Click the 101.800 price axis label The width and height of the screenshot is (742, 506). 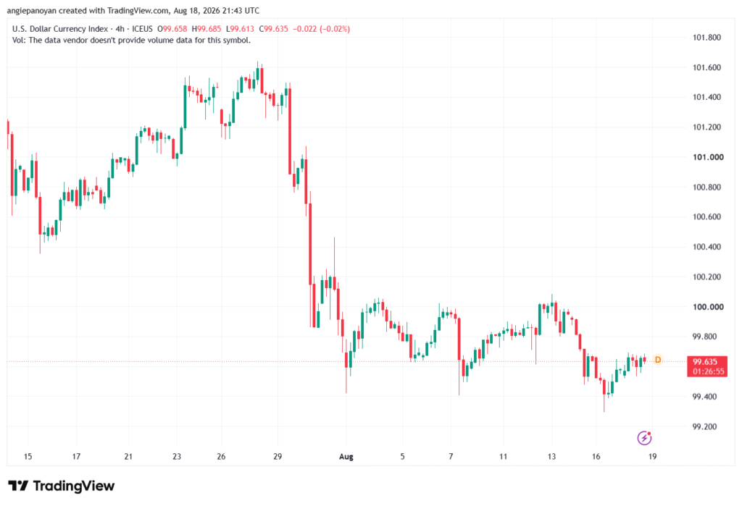706,38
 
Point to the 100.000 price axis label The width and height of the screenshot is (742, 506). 708,307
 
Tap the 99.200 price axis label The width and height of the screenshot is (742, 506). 704,426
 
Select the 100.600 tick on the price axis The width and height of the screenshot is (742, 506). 706,217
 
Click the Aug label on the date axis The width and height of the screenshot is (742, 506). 346,457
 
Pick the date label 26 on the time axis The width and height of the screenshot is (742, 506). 221,457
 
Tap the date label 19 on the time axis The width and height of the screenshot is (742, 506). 653,457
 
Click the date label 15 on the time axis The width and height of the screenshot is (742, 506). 28,457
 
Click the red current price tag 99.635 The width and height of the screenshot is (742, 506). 705,362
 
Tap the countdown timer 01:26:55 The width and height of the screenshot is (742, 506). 709,371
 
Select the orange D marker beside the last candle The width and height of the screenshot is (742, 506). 658,360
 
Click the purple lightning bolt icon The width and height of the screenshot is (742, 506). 644,438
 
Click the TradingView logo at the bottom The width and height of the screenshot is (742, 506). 61,486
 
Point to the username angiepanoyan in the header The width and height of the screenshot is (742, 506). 32,10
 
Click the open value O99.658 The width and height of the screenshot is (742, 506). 172,29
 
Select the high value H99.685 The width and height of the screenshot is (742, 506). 207,29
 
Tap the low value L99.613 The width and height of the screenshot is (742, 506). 240,29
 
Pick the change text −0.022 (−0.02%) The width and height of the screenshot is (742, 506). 321,29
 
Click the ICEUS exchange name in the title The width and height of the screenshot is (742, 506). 143,29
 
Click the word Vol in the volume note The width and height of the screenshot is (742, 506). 18,41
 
